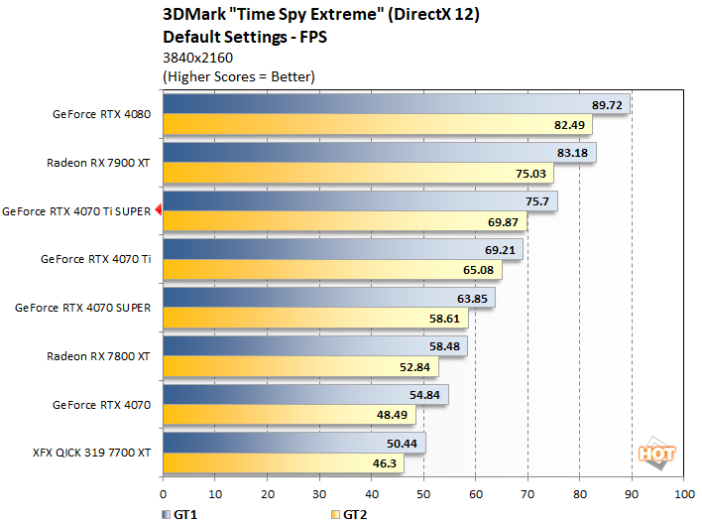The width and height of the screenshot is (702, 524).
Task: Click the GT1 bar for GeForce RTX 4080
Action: coord(396,104)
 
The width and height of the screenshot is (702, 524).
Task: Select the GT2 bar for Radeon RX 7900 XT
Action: coord(358,174)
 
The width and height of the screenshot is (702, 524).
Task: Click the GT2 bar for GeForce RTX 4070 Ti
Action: coord(332,270)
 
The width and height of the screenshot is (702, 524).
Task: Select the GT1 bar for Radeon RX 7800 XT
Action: coord(314,345)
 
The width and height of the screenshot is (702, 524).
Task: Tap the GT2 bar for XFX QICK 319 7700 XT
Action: coord(283,463)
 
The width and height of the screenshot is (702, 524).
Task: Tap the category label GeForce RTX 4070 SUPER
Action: coord(83,308)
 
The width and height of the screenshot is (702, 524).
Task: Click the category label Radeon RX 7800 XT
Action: coord(99,355)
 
